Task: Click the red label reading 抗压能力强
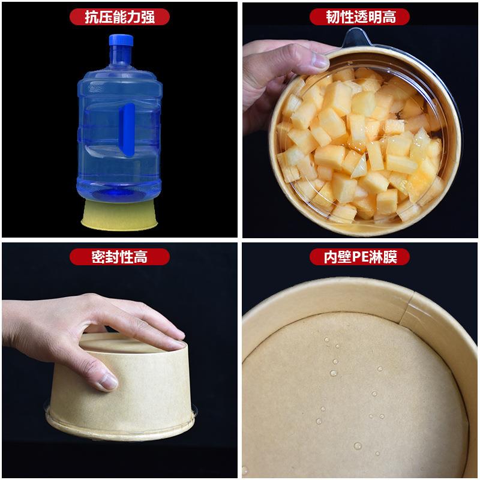pyautogui.click(x=119, y=16)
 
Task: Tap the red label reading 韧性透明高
pyautogui.click(x=361, y=16)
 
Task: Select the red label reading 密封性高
pyautogui.click(x=119, y=257)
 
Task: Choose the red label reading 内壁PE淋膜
pyautogui.click(x=361, y=257)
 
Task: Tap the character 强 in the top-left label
pyautogui.click(x=148, y=16)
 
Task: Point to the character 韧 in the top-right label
pyautogui.click(x=332, y=16)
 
